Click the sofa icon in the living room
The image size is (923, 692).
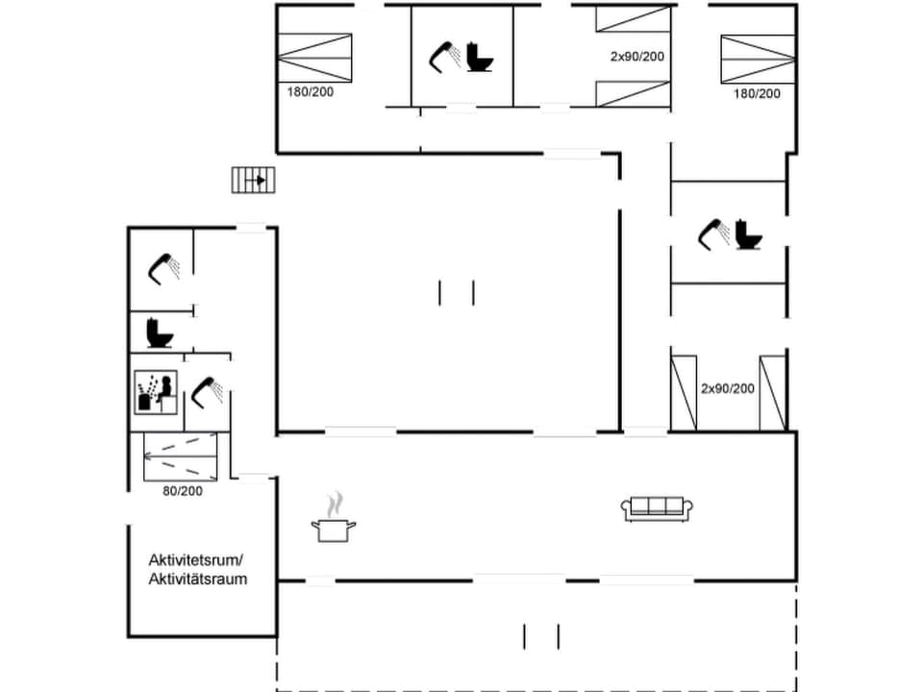pyautogui.click(x=659, y=508)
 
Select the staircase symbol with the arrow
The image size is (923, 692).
pyautogui.click(x=254, y=180)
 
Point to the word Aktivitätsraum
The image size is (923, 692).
pyautogui.click(x=198, y=579)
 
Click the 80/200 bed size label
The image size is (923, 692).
pyautogui.click(x=182, y=491)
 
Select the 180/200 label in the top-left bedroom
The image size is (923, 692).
pyautogui.click(x=311, y=93)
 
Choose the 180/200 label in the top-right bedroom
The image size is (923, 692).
pyautogui.click(x=757, y=93)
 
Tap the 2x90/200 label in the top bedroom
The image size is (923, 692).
pyautogui.click(x=637, y=57)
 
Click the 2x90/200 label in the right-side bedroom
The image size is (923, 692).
pyautogui.click(x=728, y=388)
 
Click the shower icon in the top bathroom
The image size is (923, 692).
pyautogui.click(x=444, y=56)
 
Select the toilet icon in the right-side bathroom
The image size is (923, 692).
pyautogui.click(x=747, y=235)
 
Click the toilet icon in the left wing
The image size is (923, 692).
pyautogui.click(x=159, y=334)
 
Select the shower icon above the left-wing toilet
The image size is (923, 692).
pyautogui.click(x=164, y=267)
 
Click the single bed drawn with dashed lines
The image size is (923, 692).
pyautogui.click(x=181, y=456)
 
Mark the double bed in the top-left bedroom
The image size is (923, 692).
pyautogui.click(x=314, y=58)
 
